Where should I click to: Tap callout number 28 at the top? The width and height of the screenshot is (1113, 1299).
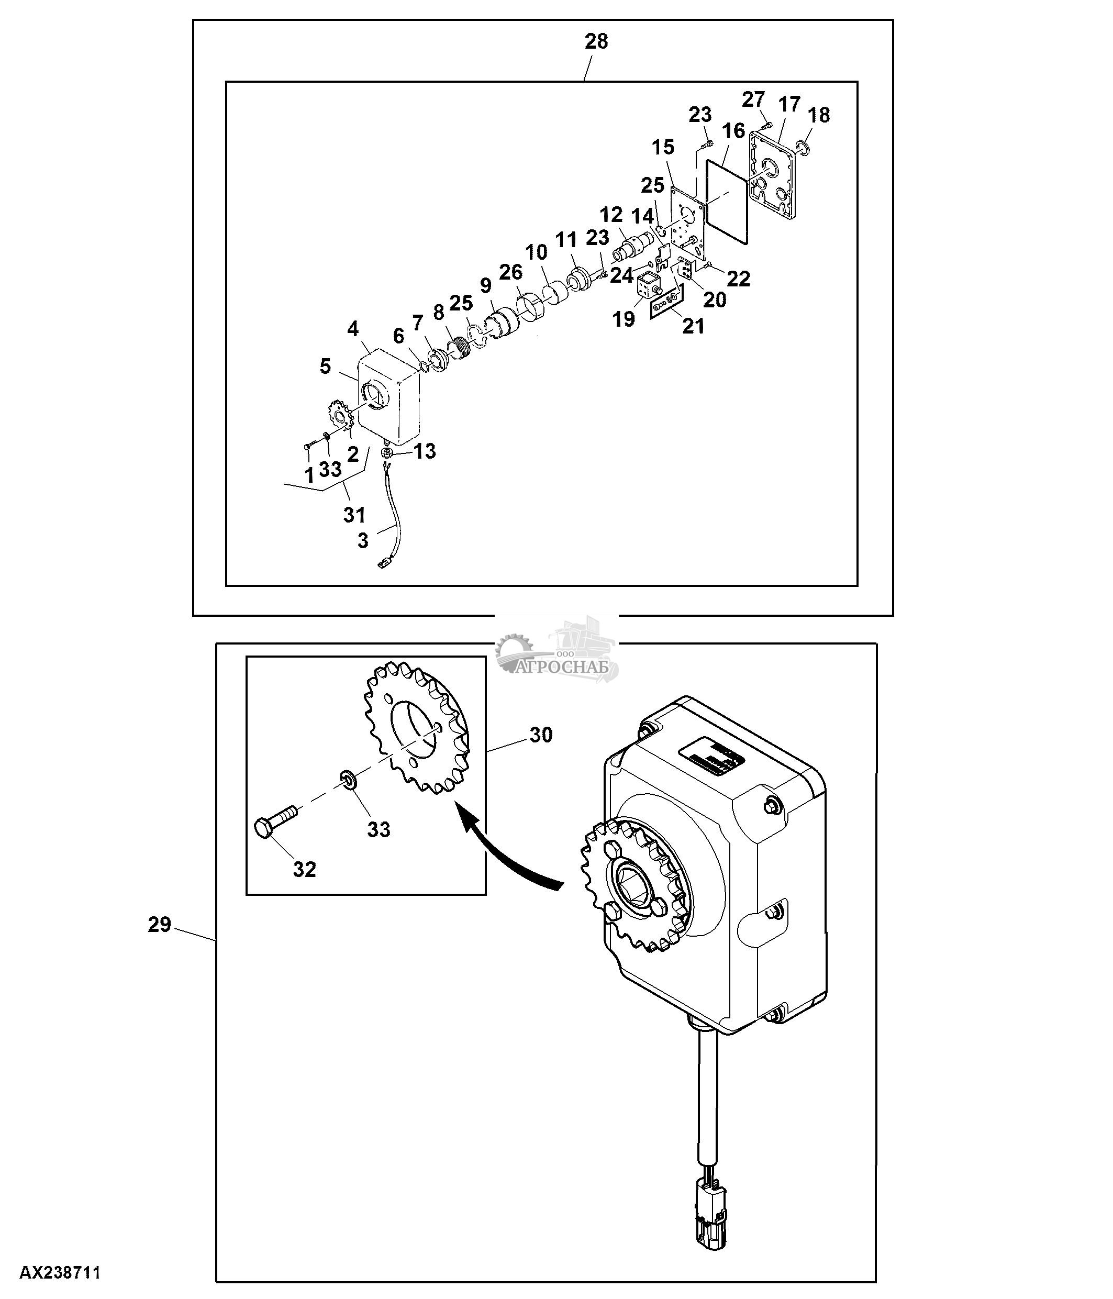pos(596,41)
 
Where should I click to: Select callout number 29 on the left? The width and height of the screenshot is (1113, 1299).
pos(159,924)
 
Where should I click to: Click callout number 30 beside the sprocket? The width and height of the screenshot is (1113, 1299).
pos(541,735)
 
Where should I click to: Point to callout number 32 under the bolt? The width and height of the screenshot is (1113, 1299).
pos(305,869)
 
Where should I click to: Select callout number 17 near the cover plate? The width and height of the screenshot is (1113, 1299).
pos(789,104)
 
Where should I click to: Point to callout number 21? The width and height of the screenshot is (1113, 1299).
pos(693,326)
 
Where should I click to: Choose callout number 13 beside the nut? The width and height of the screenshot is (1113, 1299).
pos(425,451)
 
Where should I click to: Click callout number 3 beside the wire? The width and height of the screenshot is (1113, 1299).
pos(363,540)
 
